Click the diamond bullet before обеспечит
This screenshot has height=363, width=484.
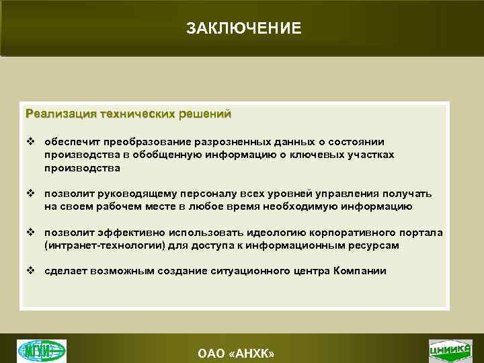coord(30,143)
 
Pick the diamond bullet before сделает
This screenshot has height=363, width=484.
coord(30,271)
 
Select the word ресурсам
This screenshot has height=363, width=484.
coord(374,245)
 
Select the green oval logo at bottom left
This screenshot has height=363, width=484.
coord(42,350)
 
